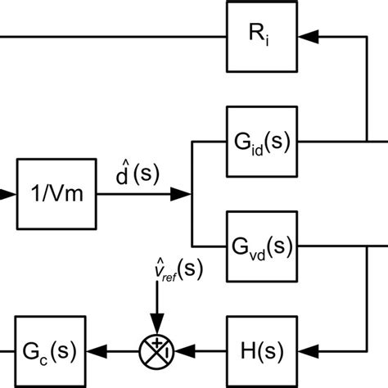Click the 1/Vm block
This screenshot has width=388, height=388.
56,194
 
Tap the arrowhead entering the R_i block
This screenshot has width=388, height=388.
308,36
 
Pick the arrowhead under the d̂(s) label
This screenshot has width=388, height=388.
181,194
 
